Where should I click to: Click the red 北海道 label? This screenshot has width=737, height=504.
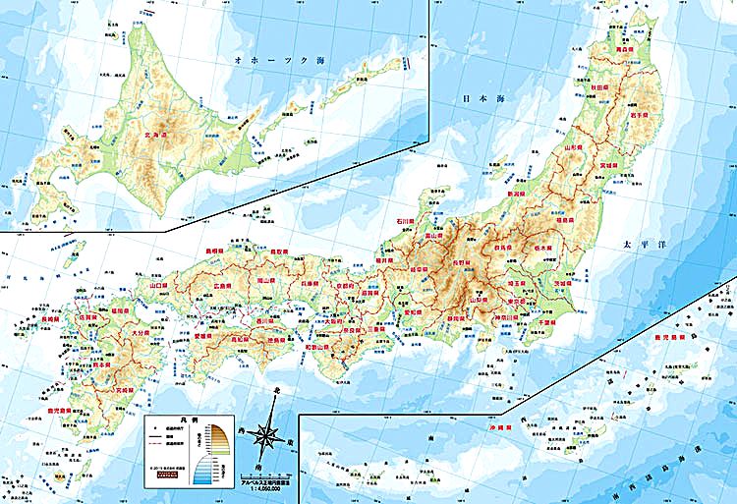160,138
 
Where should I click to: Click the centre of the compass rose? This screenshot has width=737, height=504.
266,433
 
